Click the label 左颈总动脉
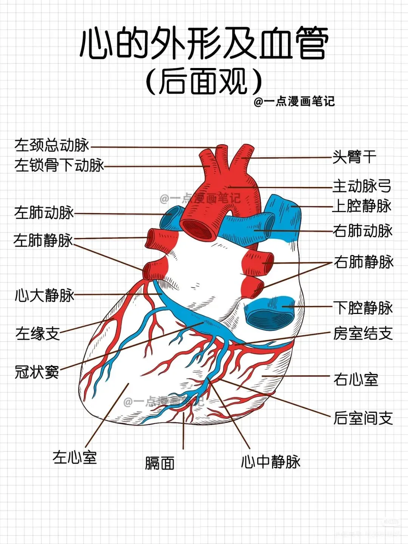pyautogui.click(x=52, y=145)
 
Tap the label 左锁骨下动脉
pyautogui.click(x=59, y=165)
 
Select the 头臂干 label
pyautogui.click(x=354, y=157)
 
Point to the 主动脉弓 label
pyautogui.click(x=362, y=186)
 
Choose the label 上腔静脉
pyautogui.click(x=362, y=206)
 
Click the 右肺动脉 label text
pyautogui.click(x=362, y=230)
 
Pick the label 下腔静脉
pyautogui.click(x=363, y=308)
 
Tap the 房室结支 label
pyautogui.click(x=363, y=333)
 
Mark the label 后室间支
pyautogui.click(x=363, y=418)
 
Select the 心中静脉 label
pyautogui.click(x=270, y=462)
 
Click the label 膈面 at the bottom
pyautogui.click(x=159, y=463)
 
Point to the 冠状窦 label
pyautogui.click(x=37, y=372)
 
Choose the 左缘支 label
pyautogui.click(x=37, y=333)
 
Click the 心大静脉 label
pyautogui.click(x=44, y=295)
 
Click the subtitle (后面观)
pyautogui.click(x=204, y=81)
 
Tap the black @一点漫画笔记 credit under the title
pyautogui.click(x=294, y=101)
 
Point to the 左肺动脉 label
pyautogui.click(x=44, y=213)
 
